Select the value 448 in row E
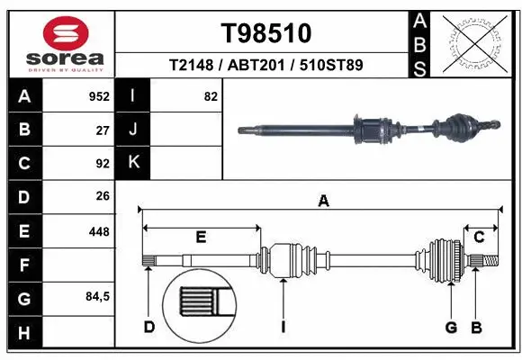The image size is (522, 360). tap(99, 231)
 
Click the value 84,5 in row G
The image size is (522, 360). tap(96, 297)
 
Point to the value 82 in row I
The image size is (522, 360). tap(211, 96)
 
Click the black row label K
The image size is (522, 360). tap(134, 163)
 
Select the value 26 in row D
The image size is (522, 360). tap(102, 196)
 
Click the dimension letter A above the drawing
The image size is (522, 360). tap(323, 202)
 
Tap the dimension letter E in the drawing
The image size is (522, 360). tap(201, 237)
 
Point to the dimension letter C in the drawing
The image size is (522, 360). tap(480, 237)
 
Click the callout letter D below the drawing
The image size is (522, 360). tap(149, 326)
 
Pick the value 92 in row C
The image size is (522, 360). tap(102, 164)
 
